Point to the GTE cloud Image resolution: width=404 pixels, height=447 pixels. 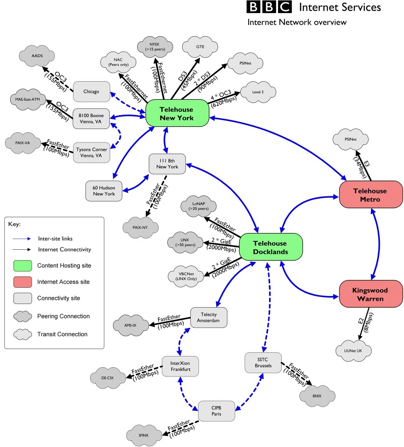(200, 46)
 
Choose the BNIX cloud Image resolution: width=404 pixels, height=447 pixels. (317, 395)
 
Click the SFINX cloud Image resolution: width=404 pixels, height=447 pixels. (144, 434)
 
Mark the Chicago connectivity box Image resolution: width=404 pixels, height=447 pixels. (91, 91)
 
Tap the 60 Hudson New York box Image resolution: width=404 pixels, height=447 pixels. (104, 191)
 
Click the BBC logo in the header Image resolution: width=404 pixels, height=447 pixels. (268, 7)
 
